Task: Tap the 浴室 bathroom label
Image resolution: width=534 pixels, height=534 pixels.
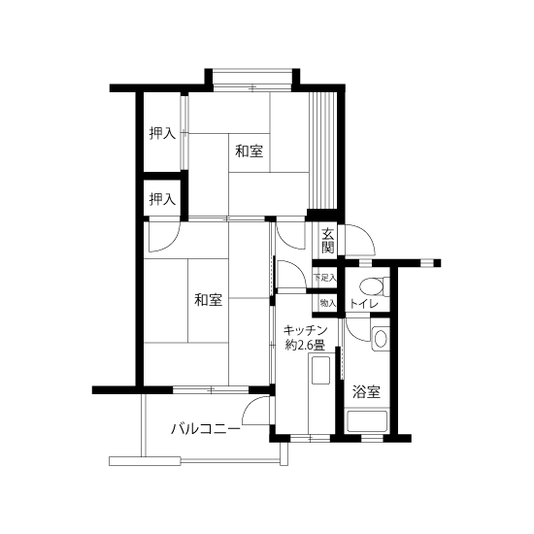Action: coord(366,392)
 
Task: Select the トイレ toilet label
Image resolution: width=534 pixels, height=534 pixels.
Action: coord(363,304)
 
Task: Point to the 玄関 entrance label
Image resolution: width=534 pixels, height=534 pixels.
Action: coord(328,241)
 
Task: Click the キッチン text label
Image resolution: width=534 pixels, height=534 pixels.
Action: coord(306,330)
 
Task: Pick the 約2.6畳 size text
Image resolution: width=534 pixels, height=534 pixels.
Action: coord(306,345)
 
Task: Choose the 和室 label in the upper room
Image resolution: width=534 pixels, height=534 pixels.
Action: coord(250,151)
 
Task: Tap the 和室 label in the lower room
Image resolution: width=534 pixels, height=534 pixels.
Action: coord(207,299)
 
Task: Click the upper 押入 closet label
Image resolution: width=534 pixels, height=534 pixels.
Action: coord(162,133)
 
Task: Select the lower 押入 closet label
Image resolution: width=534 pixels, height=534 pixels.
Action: coord(162,199)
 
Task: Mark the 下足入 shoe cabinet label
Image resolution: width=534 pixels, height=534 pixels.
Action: coord(324,279)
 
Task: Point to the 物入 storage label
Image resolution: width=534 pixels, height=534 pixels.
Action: coord(327,303)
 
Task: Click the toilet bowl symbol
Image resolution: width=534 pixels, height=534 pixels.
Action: coord(371,285)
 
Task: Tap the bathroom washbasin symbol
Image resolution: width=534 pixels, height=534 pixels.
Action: coord(380,339)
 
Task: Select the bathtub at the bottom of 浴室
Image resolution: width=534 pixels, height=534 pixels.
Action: coord(367,421)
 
